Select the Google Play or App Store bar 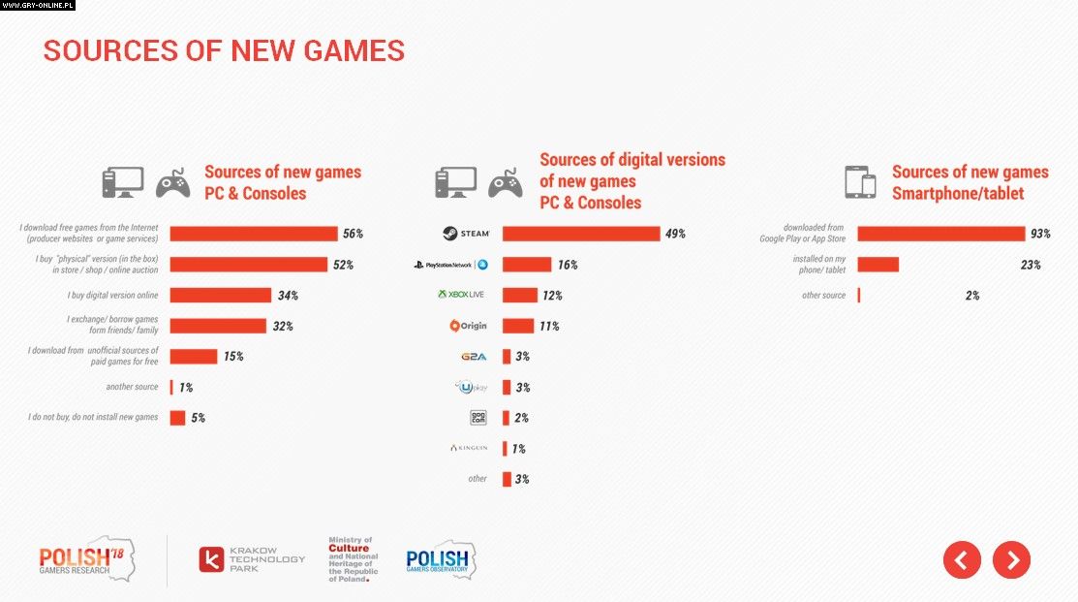point(940,234)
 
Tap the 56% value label point(353,234)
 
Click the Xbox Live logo point(460,295)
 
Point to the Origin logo point(468,326)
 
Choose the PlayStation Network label point(450,265)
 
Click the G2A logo point(474,357)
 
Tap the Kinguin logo point(469,448)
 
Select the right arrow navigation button point(1011,559)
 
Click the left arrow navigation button point(962,559)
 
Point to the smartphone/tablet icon point(860,181)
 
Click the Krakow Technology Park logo point(252,559)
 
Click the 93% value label point(1041,234)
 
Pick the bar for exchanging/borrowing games point(217,326)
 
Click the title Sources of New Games point(224,51)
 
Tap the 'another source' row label point(132,387)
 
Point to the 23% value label point(1030,265)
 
